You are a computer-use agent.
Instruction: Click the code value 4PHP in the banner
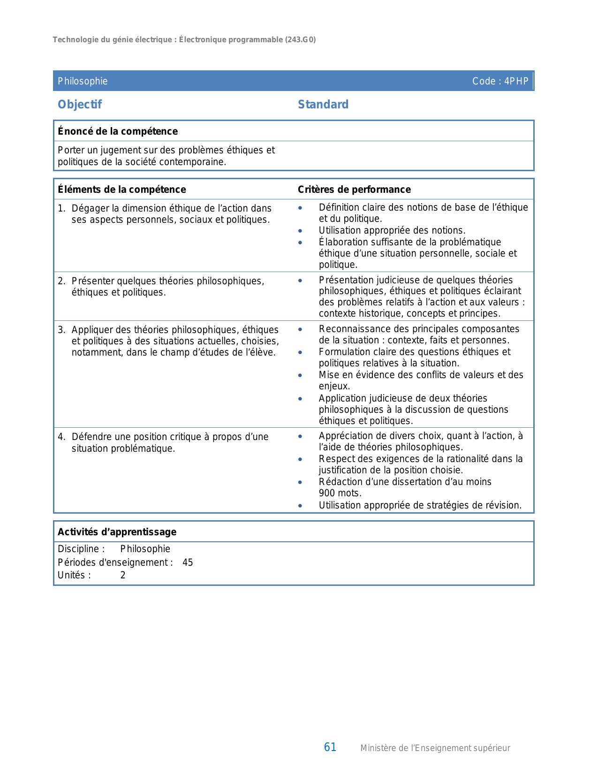tap(516, 81)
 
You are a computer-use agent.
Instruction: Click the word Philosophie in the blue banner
tap(83, 81)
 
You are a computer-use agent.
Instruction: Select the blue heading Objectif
tap(80, 105)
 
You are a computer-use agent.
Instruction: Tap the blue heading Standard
tap(323, 105)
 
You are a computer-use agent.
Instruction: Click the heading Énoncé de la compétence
tap(118, 131)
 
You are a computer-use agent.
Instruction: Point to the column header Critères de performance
tap(354, 190)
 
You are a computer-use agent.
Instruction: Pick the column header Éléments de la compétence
tap(122, 190)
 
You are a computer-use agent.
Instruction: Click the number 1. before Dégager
tap(61, 208)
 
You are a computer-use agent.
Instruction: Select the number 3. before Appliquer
tap(61, 330)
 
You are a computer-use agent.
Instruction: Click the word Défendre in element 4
tap(91, 437)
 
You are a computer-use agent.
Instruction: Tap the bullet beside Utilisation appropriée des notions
tap(300, 231)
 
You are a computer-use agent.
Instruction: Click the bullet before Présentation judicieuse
tap(300, 281)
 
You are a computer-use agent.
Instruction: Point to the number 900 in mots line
tap(327, 493)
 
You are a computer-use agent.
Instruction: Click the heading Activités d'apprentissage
tap(117, 532)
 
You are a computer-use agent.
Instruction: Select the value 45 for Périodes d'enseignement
tap(188, 562)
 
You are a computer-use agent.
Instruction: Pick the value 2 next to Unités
tap(123, 576)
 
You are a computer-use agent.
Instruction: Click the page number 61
tap(330, 747)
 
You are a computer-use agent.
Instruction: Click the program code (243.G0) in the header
tap(300, 40)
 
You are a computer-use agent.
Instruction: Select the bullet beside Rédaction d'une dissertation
tap(300, 482)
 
